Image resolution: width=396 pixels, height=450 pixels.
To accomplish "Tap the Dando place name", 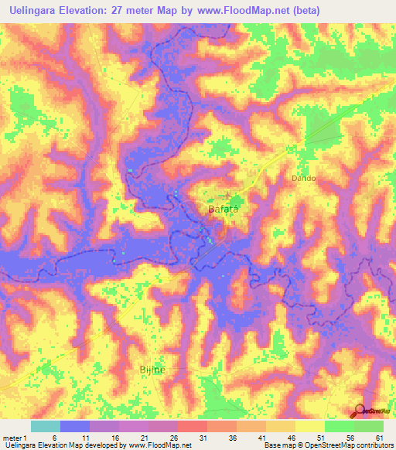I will point(303,178).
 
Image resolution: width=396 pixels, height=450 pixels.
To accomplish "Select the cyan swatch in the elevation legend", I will point(45,426).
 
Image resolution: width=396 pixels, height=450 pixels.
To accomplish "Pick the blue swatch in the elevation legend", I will point(74,426).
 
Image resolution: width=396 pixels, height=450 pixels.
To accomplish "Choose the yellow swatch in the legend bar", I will point(309,426).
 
